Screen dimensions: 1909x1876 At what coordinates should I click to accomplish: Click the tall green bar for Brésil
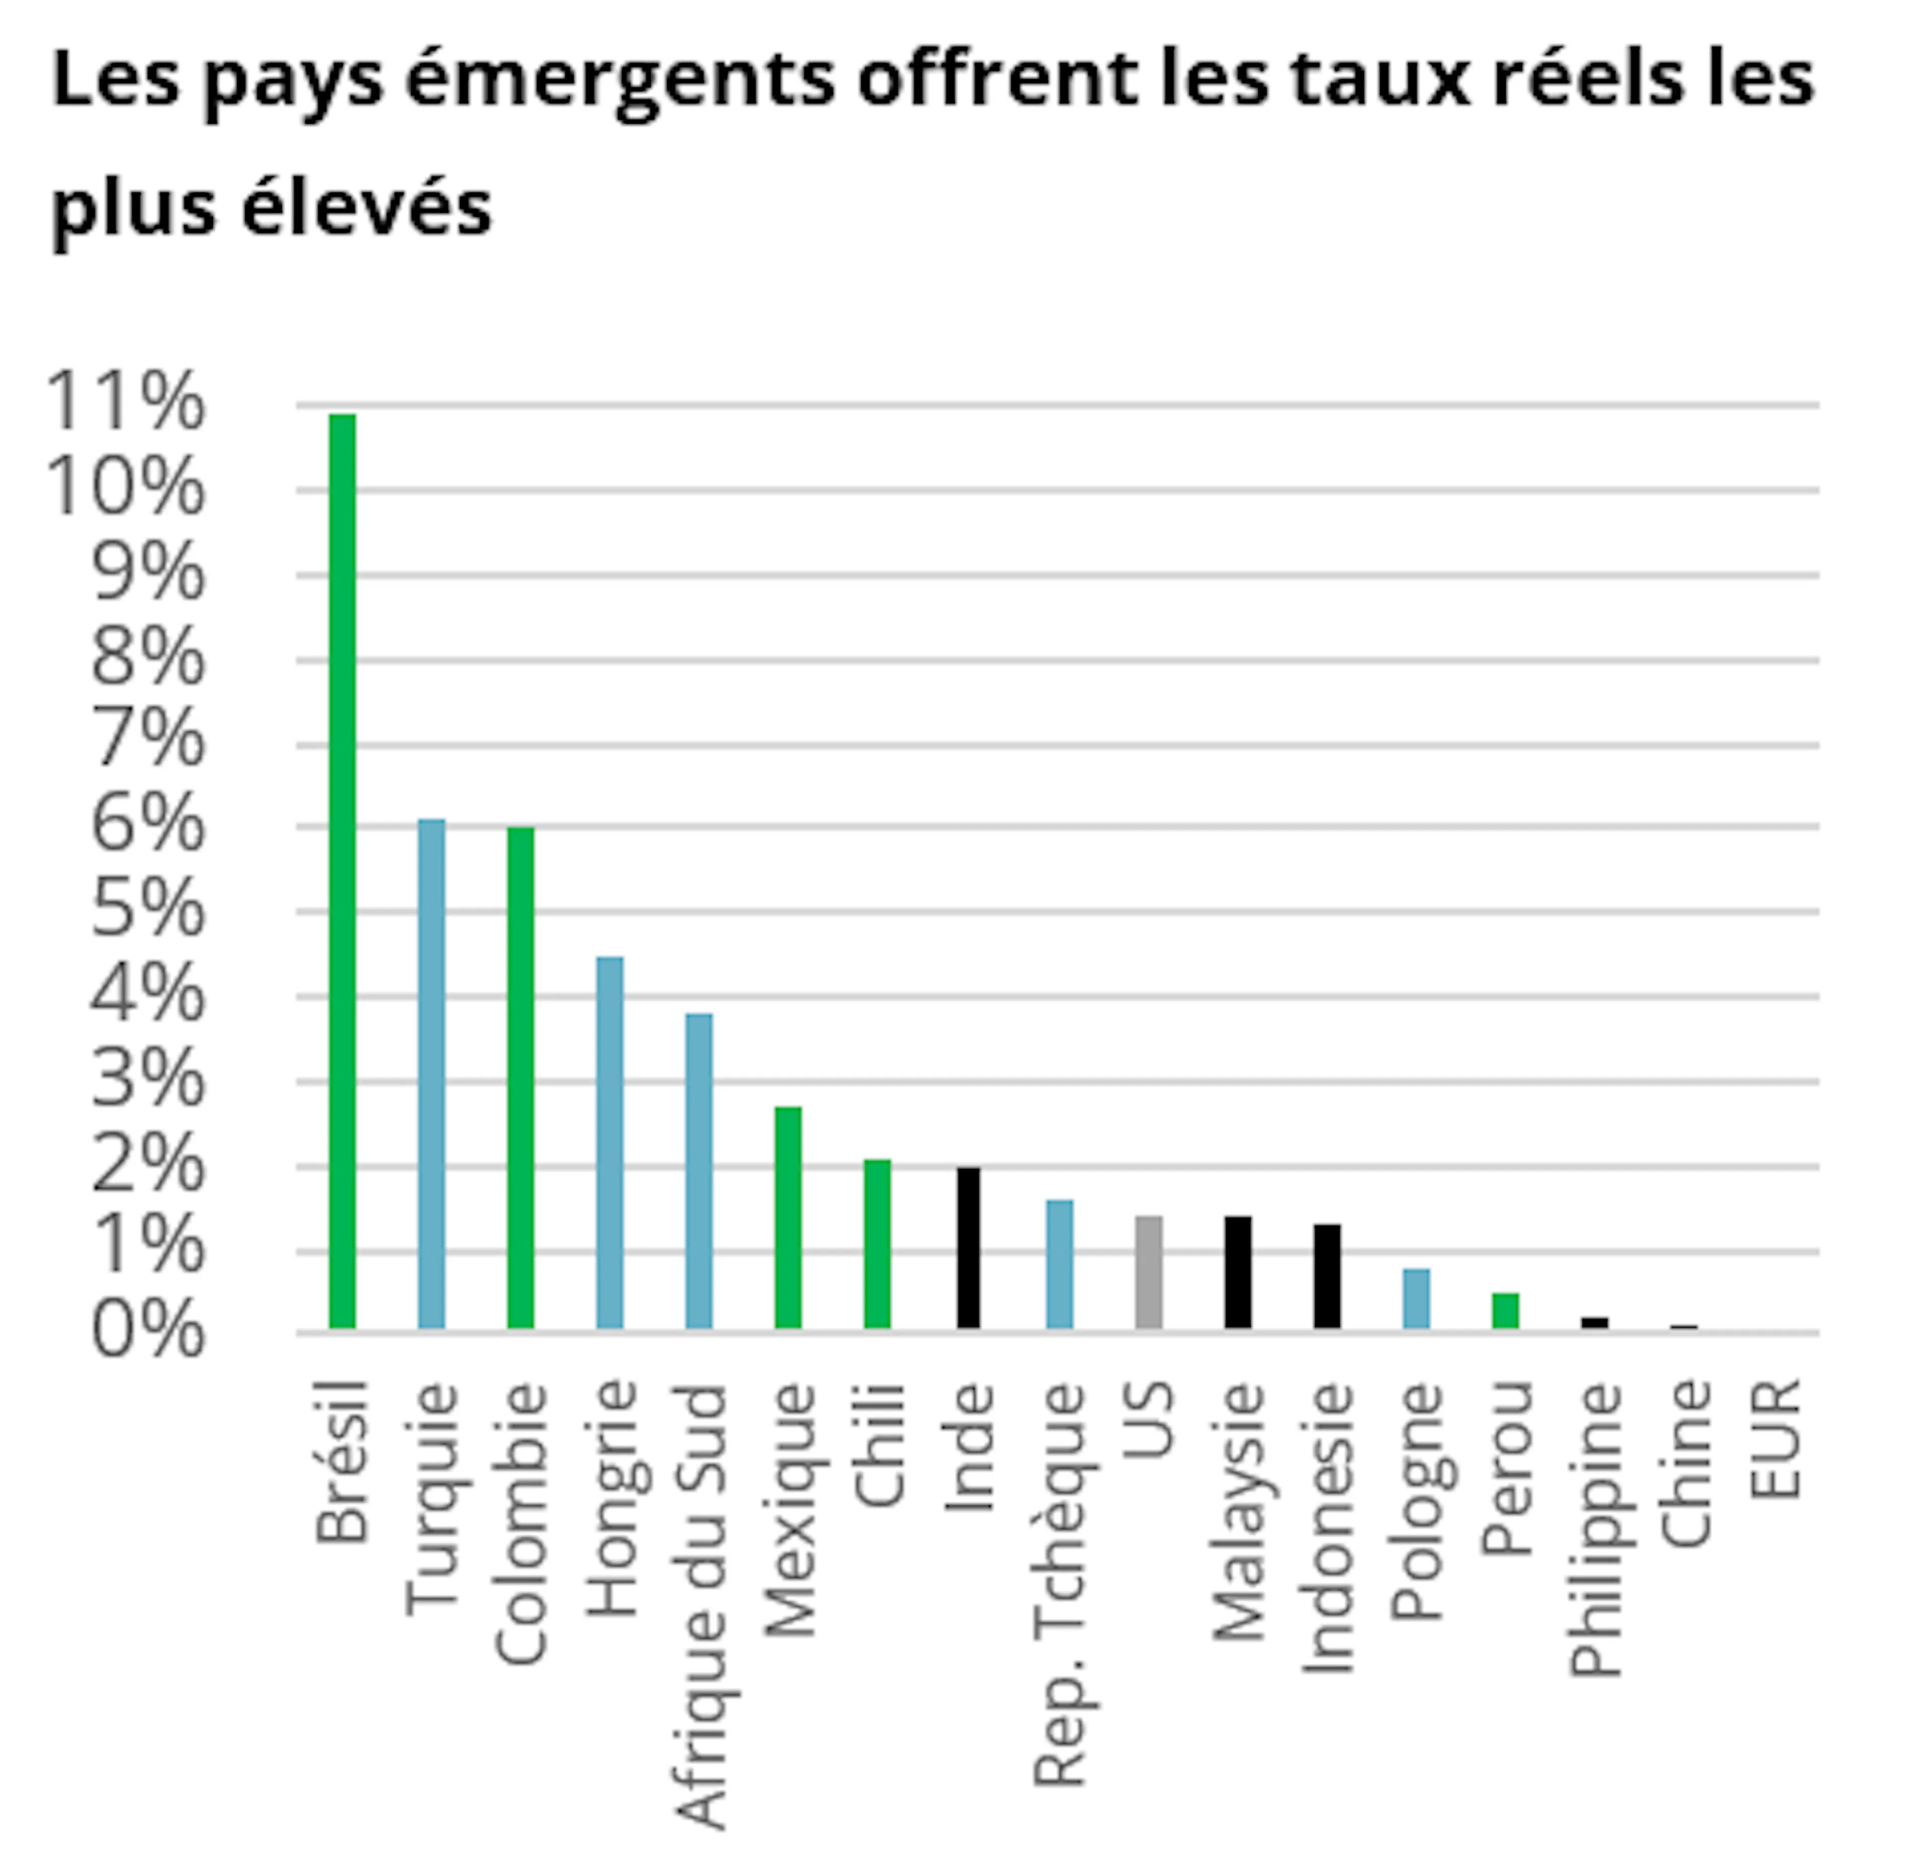coord(342,871)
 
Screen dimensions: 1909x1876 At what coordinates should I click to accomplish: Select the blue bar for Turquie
coord(432,1074)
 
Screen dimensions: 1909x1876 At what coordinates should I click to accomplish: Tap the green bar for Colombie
coord(521,1078)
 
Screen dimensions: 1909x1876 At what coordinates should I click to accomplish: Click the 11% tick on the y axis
coord(125,402)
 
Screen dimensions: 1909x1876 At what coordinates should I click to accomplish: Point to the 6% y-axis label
coord(148,824)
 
